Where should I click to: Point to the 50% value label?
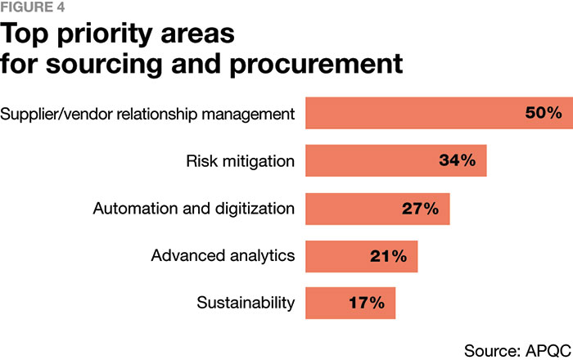544,113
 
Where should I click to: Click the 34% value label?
457,160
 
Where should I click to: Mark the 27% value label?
419,209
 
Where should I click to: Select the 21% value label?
387,256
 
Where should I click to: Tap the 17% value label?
365,303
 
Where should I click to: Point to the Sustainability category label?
246,304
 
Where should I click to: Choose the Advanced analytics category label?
223,256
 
